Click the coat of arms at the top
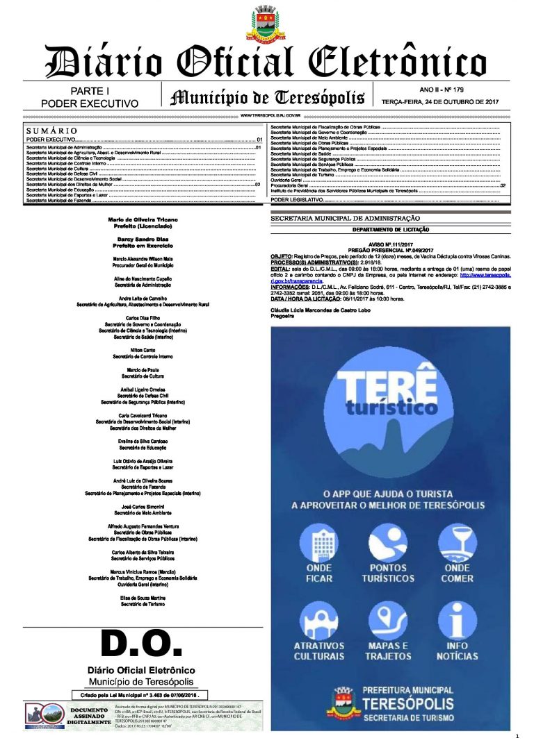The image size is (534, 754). pyautogui.click(x=266, y=22)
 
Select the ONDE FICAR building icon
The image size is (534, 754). pyautogui.click(x=319, y=542)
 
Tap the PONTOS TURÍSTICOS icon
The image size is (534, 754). pyautogui.click(x=388, y=542)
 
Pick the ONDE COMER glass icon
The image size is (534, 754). pyautogui.click(x=457, y=542)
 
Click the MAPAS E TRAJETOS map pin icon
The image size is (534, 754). pyautogui.click(x=388, y=620)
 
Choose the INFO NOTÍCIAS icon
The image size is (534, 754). pyautogui.click(x=457, y=620)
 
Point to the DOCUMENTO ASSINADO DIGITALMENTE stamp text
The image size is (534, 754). pyautogui.click(x=89, y=717)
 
